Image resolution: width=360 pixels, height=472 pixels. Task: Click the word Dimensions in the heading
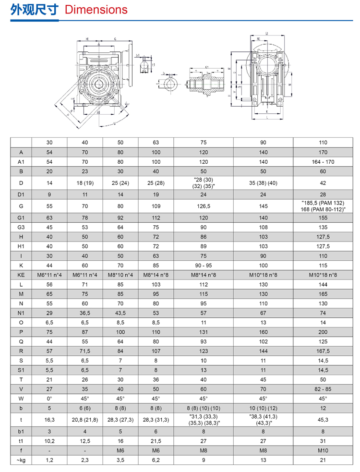(96, 10)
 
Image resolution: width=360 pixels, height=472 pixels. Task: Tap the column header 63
(156, 143)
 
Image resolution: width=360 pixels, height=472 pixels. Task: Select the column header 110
(323, 143)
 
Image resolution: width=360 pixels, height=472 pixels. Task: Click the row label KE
(21, 275)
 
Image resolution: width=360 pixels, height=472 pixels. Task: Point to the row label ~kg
(21, 460)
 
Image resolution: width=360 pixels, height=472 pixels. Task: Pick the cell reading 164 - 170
(323, 162)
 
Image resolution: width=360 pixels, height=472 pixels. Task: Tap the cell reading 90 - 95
(203, 266)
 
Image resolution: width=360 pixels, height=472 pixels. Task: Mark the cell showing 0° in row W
(50, 399)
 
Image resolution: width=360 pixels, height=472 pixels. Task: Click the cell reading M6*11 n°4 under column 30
(50, 275)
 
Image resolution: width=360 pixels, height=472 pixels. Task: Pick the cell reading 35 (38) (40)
(263, 183)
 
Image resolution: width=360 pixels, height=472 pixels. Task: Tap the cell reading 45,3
(323, 419)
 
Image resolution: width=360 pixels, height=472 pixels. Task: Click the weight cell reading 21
(323, 460)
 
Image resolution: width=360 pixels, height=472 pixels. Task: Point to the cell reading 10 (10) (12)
(263, 408)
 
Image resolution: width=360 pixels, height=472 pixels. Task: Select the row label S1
(21, 370)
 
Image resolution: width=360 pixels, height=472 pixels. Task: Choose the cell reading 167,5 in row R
(323, 351)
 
